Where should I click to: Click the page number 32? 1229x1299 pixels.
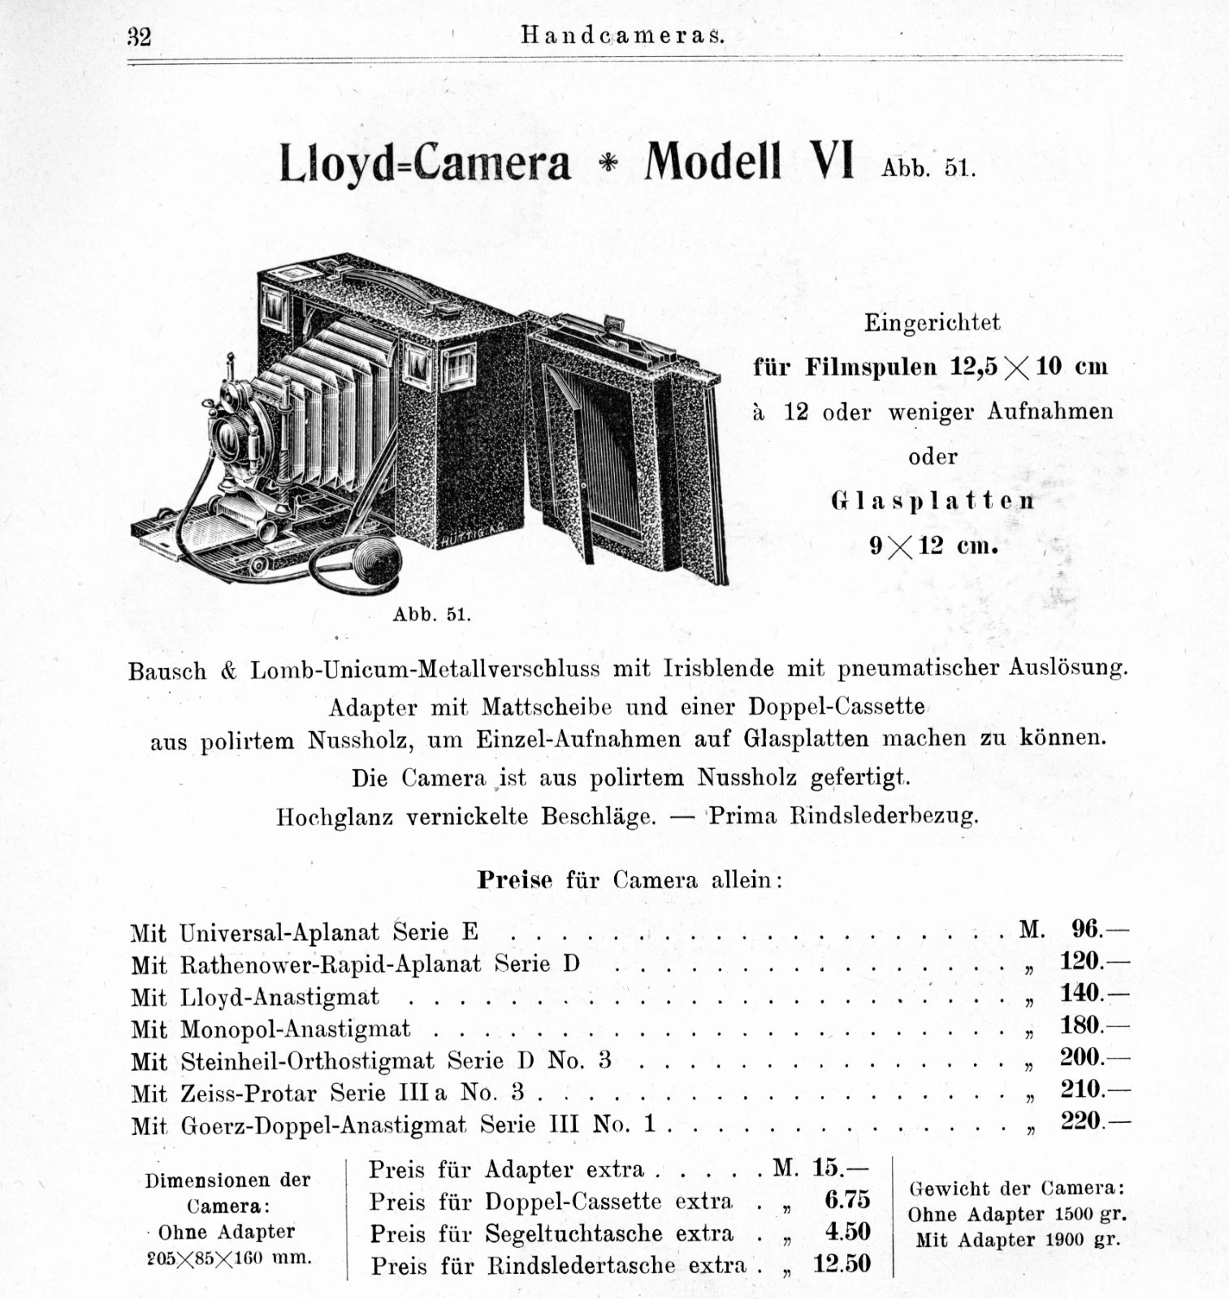coord(139,37)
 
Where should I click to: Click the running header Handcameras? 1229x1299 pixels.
coord(622,36)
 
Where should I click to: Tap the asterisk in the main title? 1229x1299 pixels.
coord(608,163)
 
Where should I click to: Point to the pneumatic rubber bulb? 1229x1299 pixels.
coord(379,561)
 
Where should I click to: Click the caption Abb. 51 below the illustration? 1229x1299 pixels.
coord(431,615)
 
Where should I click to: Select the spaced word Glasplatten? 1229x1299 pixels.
coord(933,501)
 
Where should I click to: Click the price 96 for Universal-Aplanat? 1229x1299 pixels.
coord(1085,929)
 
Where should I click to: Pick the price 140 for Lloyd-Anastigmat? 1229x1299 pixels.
coord(1080,993)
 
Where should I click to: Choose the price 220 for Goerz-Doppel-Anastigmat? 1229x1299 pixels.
coord(1080,1121)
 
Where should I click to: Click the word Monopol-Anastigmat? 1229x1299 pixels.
coord(295,1029)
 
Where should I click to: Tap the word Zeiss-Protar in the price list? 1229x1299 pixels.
coord(248,1094)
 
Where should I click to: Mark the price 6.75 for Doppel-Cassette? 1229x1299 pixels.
coord(846,1200)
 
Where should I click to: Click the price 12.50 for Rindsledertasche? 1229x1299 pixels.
coord(842,1264)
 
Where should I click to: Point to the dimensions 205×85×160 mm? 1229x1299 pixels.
coord(229,1258)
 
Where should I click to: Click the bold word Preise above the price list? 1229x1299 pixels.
coord(514,880)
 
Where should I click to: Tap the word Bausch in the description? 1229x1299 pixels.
coord(167,671)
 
